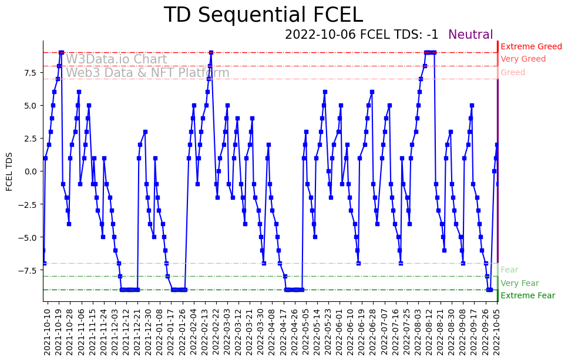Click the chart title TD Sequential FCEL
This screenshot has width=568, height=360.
pyautogui.click(x=263, y=15)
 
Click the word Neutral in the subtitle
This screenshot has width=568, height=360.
pyautogui.click(x=470, y=35)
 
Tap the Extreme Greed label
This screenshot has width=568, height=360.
pyautogui.click(x=531, y=46)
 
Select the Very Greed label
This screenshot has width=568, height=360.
pyautogui.click(x=523, y=59)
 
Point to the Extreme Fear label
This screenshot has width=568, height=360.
pyautogui.click(x=527, y=295)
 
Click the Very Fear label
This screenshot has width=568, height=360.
pyautogui.click(x=519, y=283)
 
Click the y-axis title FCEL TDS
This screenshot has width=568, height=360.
pyautogui.click(x=9, y=171)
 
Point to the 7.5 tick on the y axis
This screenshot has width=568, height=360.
pyautogui.click(x=30, y=73)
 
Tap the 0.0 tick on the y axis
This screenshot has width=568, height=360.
pyautogui.click(x=30, y=171)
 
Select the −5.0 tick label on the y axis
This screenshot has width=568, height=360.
pyautogui.click(x=28, y=237)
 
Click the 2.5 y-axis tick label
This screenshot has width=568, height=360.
pyautogui.click(x=30, y=138)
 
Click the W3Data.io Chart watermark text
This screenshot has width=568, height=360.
pyautogui.click(x=116, y=59)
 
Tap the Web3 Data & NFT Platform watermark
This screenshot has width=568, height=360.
pyautogui.click(x=147, y=73)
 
